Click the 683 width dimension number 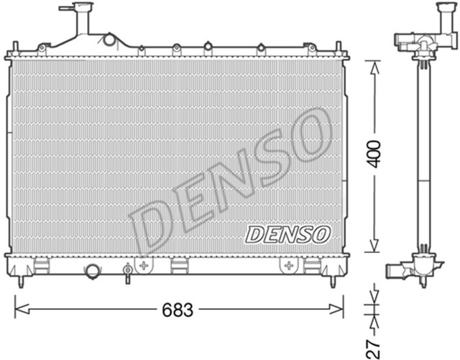pos(178,310)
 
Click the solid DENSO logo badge pos(287,234)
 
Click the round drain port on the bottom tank pos(93,272)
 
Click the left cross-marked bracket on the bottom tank pos(144,265)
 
